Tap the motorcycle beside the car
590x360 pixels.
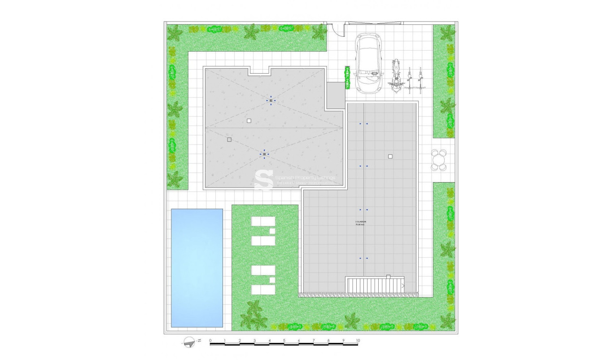pos(395,76)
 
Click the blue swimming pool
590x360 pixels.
pos(197,268)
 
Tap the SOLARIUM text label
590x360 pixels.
pos(360,222)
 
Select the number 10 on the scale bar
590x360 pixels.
pos(358,341)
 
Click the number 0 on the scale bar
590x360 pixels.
pos(210,341)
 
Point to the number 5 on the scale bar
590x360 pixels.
pos(284,341)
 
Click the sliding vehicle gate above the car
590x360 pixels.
pos(375,22)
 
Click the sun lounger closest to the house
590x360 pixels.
pos(263,222)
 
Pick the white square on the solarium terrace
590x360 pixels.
pos(390,156)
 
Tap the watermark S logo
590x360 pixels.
pos(264,180)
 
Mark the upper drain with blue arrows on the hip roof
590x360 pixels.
pos(271,101)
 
